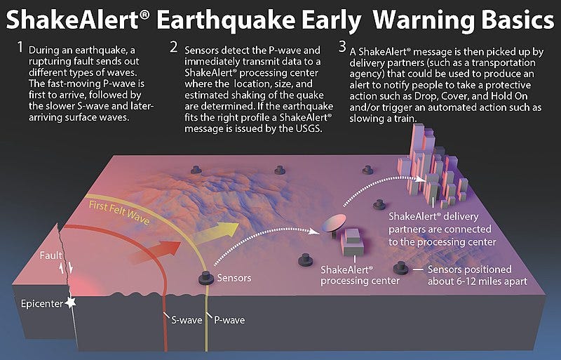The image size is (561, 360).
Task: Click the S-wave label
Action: click(x=187, y=320)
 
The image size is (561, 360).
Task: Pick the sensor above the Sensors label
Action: click(x=206, y=278)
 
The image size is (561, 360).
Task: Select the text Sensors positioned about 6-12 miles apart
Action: click(x=471, y=275)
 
